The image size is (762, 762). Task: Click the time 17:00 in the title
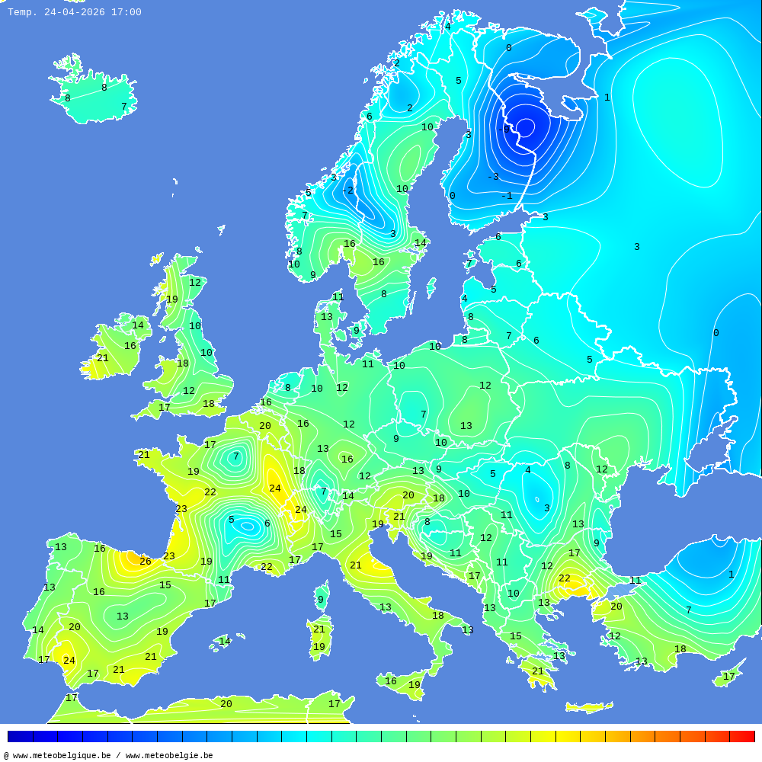[x=126, y=12]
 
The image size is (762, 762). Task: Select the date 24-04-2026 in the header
[x=75, y=12]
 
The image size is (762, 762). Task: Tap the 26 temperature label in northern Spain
[x=145, y=562]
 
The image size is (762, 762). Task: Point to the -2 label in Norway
[x=347, y=190]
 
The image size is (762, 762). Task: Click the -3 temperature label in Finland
[x=493, y=177]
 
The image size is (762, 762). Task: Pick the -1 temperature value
[x=507, y=196]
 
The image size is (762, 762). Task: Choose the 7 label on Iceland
[x=123, y=107]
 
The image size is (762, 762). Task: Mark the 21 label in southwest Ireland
[x=102, y=358]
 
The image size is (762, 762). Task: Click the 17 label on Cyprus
[x=729, y=677]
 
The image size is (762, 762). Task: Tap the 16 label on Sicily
[x=390, y=681]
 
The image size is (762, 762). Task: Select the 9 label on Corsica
[x=321, y=600]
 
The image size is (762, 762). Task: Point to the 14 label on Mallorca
[x=225, y=642]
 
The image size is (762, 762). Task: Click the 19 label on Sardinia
[x=319, y=647]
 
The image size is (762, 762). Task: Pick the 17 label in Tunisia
[x=334, y=704]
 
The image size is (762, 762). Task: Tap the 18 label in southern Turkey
[x=680, y=649]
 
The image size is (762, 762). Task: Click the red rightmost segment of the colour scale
[x=742, y=737]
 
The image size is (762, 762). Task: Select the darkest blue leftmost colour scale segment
[x=20, y=737]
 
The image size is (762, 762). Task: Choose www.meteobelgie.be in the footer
[x=169, y=756]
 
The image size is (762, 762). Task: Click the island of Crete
[x=588, y=707]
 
